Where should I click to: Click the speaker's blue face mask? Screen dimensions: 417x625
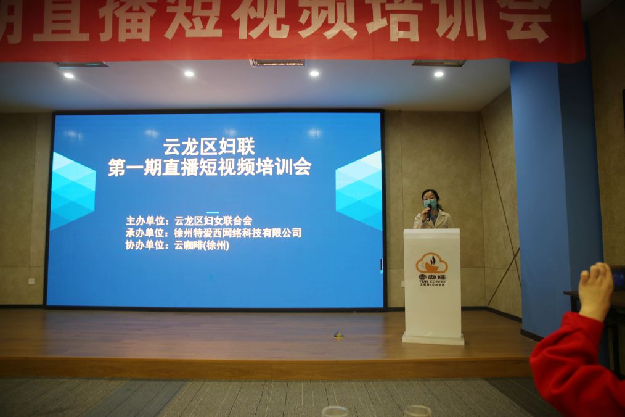tap(430, 204)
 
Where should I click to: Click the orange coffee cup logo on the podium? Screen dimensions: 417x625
tap(431, 263)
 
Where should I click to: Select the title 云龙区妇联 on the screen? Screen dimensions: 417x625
tap(209, 147)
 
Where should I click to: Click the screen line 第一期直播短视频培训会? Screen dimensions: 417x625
tap(209, 167)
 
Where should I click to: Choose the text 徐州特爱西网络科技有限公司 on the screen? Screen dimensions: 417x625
tap(238, 233)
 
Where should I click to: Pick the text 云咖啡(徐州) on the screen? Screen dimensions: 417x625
tap(202, 245)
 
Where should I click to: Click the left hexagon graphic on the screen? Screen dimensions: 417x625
tap(72, 191)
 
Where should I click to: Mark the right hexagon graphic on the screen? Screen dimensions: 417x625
tap(359, 189)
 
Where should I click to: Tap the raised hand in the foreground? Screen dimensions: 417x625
tap(595, 290)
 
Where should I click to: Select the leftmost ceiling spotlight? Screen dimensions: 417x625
tap(68, 75)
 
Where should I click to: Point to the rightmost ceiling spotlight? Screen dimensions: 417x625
tap(438, 74)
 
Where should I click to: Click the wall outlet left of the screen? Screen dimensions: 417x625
tap(31, 281)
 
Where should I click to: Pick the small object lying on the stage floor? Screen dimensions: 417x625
tap(338, 334)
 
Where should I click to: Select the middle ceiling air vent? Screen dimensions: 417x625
tap(277, 62)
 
